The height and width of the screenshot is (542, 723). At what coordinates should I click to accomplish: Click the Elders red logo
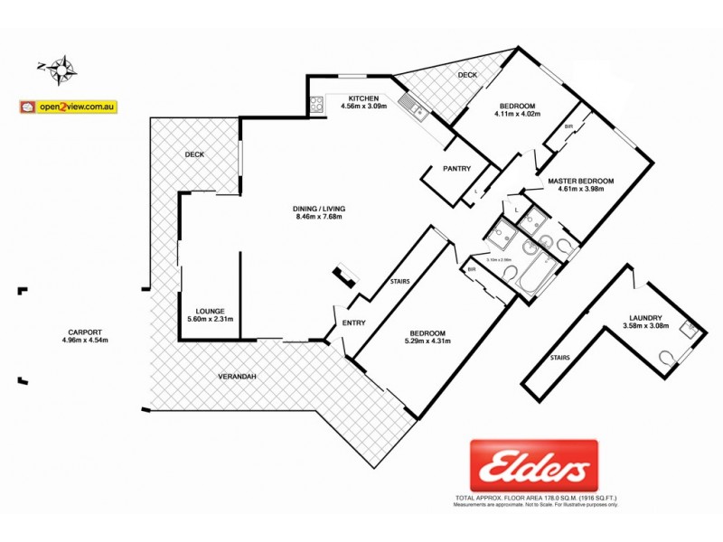533,465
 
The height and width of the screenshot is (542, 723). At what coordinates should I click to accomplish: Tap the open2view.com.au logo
70,106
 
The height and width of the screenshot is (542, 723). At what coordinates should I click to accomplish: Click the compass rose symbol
63,66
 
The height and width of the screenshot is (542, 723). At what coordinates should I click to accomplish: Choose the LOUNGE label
210,312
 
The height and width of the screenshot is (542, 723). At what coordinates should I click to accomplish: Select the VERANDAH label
237,376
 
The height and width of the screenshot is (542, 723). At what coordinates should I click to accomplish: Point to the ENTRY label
353,324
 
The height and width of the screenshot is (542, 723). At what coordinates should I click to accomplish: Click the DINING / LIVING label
320,209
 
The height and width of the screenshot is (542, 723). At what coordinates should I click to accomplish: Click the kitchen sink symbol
418,112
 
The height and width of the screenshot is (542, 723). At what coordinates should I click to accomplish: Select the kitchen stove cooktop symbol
317,104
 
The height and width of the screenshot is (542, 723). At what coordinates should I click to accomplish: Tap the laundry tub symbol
691,330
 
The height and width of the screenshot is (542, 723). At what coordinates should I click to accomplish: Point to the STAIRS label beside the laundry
559,358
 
